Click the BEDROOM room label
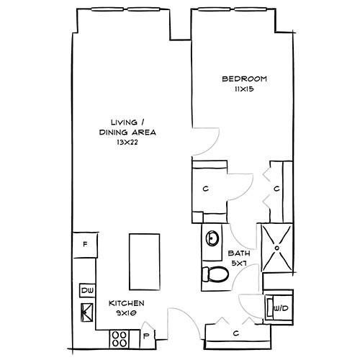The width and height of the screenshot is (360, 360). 244,79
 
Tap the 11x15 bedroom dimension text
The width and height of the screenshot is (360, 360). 244,89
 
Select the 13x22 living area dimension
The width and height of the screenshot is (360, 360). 127,143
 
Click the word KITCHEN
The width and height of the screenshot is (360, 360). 127,303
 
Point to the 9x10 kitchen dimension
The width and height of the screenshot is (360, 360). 126,313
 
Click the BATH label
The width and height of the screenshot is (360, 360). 239,253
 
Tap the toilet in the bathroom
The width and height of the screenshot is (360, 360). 215,275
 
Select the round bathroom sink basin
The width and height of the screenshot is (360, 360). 212,238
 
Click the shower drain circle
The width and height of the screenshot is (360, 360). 277,248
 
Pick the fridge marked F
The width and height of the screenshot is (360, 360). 85,245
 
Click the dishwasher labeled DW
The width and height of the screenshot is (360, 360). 87,291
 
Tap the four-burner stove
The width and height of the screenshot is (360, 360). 120,339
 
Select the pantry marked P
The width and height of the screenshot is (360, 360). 147,336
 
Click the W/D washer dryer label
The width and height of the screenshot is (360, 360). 281,308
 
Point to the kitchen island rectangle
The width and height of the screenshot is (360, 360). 145,262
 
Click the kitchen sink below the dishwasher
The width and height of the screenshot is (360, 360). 86,312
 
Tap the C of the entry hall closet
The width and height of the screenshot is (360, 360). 236,333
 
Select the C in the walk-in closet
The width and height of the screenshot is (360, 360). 205,189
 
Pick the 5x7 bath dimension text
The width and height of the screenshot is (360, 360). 239,264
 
